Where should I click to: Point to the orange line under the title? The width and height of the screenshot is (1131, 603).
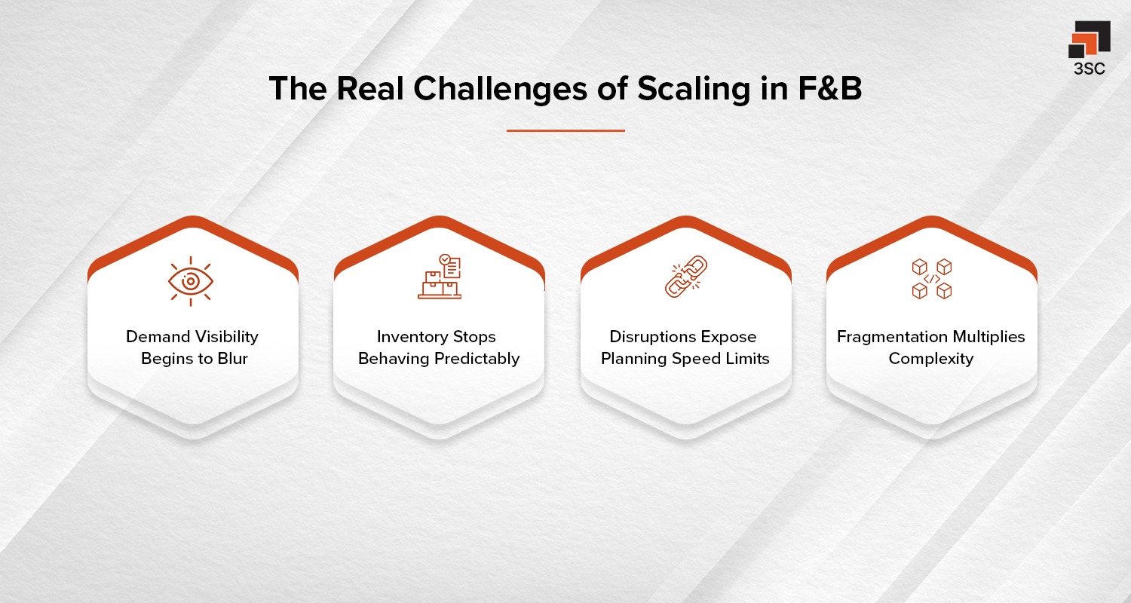pyautogui.click(x=565, y=130)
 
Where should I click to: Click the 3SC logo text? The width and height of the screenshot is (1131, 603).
pyautogui.click(x=1089, y=69)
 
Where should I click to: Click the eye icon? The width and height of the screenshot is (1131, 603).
pyautogui.click(x=190, y=281)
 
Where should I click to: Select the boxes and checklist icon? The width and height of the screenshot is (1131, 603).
pyautogui.click(x=439, y=277)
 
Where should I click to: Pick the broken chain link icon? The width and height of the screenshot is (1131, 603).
pyautogui.click(x=685, y=277)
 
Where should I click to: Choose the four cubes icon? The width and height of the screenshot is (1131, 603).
pyautogui.click(x=931, y=278)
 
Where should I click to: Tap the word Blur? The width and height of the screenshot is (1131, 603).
pyautogui.click(x=231, y=358)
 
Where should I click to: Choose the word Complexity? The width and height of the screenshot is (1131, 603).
pyautogui.click(x=931, y=358)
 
